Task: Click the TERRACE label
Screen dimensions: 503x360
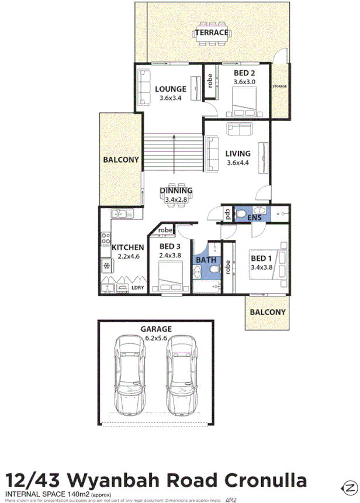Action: pos(212,33)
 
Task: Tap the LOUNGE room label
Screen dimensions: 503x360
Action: pos(171,89)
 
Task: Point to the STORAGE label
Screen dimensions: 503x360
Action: pos(280,87)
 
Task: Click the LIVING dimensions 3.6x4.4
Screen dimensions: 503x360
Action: pos(238,163)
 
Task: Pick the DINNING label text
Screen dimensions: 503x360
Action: pos(176,190)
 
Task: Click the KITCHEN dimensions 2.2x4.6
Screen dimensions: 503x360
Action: pos(128,257)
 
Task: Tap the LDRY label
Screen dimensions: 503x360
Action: pos(138,288)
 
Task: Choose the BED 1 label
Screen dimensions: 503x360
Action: pos(262,258)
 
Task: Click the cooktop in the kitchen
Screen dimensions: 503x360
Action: pos(106,238)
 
